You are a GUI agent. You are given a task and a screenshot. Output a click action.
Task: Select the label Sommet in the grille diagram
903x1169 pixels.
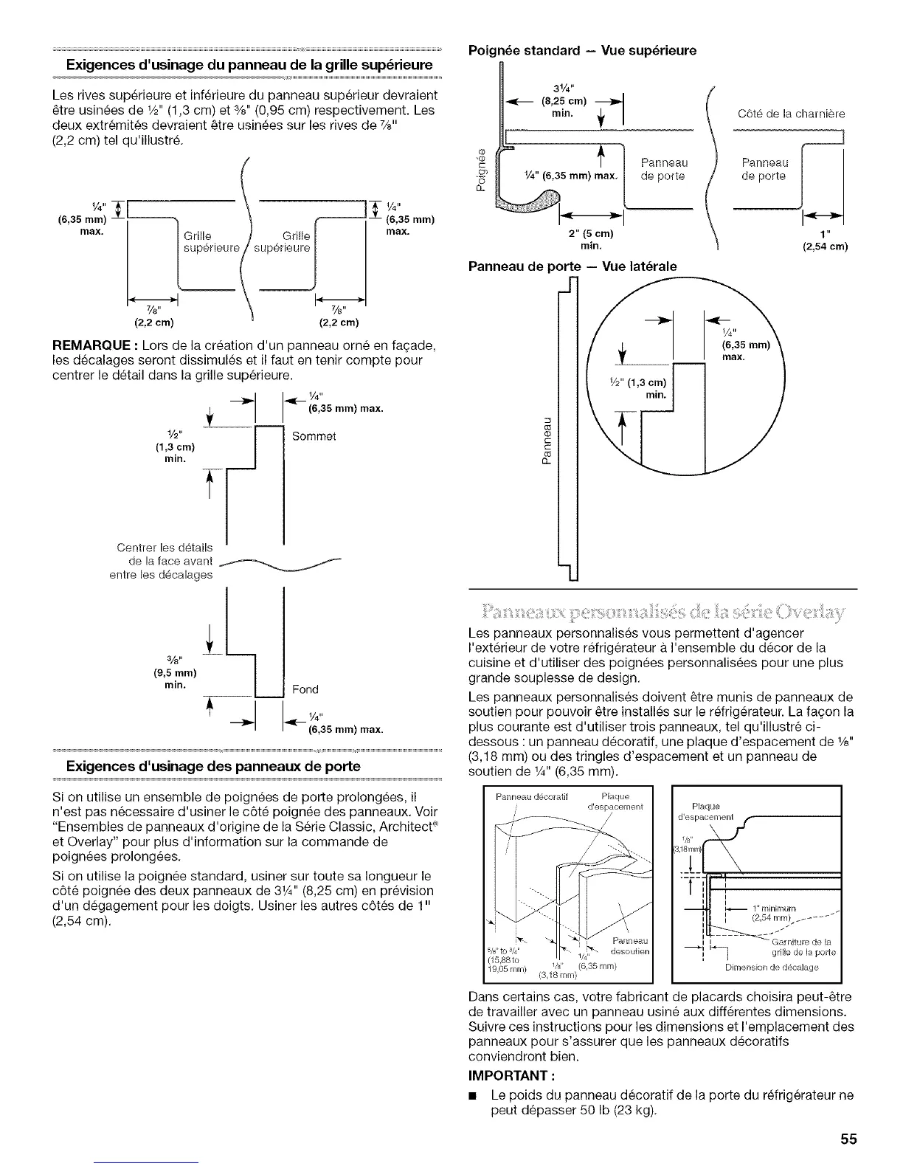coord(314,436)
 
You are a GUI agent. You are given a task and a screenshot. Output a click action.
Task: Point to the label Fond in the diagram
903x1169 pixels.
coord(305,689)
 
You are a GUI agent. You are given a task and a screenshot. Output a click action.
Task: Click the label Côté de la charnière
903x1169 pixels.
coord(791,114)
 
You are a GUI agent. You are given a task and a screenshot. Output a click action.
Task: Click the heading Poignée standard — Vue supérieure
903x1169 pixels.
coord(583,51)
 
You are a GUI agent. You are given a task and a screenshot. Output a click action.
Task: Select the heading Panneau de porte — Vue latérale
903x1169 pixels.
coord(572,266)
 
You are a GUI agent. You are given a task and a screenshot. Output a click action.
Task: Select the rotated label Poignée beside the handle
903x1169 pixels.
coord(483,170)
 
